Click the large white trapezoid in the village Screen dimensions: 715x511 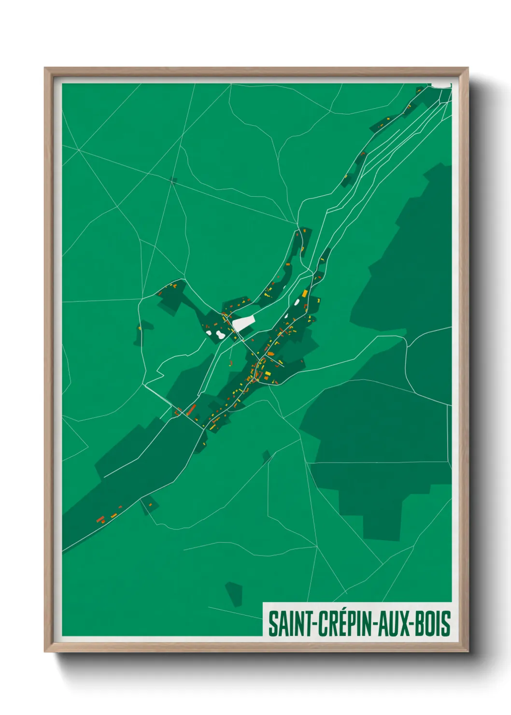click(x=243, y=323)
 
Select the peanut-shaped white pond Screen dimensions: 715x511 click(x=220, y=334)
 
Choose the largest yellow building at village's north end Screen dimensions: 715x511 click(x=305, y=293)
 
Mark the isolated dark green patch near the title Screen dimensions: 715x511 click(x=234, y=594)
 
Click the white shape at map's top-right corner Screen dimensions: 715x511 click(x=440, y=86)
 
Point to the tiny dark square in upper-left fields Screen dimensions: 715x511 click(x=173, y=181)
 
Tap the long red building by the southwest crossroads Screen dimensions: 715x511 click(x=191, y=410)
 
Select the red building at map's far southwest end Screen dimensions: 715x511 click(x=100, y=520)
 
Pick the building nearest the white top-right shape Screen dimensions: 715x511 click(x=419, y=89)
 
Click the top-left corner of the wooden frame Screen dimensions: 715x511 click(x=45, y=68)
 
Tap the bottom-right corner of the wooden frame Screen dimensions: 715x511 click(x=468, y=651)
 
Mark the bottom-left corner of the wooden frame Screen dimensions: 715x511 click(x=45, y=651)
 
